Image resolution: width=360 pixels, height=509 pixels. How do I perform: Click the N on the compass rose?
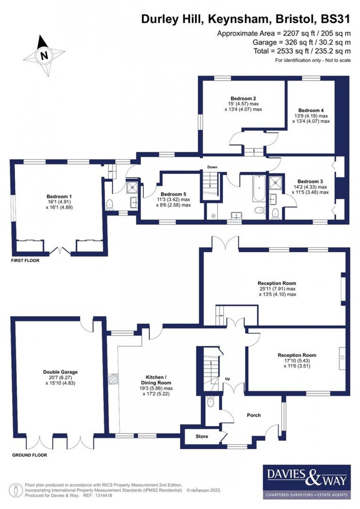(44, 56)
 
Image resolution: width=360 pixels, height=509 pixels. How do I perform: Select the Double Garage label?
(60, 372)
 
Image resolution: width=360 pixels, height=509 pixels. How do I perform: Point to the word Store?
(202, 436)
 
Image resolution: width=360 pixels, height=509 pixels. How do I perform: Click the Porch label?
(253, 415)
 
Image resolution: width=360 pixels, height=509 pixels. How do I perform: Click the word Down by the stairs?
(212, 167)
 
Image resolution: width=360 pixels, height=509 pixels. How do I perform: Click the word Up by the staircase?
(227, 379)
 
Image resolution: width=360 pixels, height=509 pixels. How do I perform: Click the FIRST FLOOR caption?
(25, 261)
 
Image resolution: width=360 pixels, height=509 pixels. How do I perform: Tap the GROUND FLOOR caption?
(30, 455)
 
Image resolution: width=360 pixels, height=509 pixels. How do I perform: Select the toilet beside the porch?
(210, 402)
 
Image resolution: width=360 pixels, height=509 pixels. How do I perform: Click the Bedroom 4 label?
(311, 110)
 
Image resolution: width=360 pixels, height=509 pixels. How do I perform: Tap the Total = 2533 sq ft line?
(302, 51)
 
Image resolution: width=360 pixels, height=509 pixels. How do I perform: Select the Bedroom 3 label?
(310, 181)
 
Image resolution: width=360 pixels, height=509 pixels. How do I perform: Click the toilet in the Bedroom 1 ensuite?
(109, 204)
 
